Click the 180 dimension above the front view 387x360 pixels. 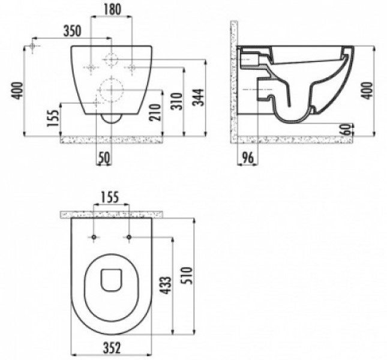click(112, 10)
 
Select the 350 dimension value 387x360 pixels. click(72, 31)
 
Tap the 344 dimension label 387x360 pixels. click(199, 97)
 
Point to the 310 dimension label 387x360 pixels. click(177, 101)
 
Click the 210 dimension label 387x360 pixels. click(155, 112)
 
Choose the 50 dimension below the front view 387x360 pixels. click(104, 158)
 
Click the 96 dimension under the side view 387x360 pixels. click(247, 158)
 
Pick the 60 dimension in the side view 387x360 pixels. click(347, 129)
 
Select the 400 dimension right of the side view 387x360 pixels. click(368, 91)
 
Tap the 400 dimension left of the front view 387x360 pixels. click(18, 91)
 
